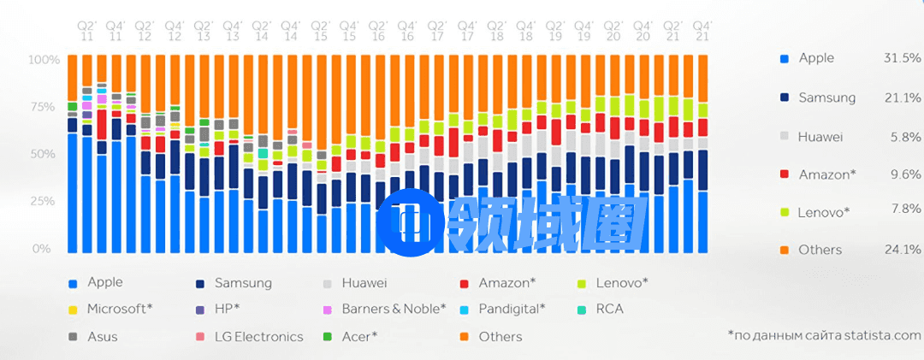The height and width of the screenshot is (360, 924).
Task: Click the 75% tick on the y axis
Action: (43, 107)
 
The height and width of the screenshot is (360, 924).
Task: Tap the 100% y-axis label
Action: (43, 60)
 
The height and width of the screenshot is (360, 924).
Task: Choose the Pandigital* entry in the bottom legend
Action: (509, 309)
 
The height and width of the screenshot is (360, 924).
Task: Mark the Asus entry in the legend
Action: (102, 336)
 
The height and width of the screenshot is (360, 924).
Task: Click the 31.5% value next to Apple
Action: (901, 58)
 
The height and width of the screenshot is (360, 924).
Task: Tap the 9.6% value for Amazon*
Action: (905, 174)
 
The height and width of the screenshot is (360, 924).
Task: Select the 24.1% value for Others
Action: (901, 250)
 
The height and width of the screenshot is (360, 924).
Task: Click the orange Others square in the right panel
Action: (784, 251)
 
